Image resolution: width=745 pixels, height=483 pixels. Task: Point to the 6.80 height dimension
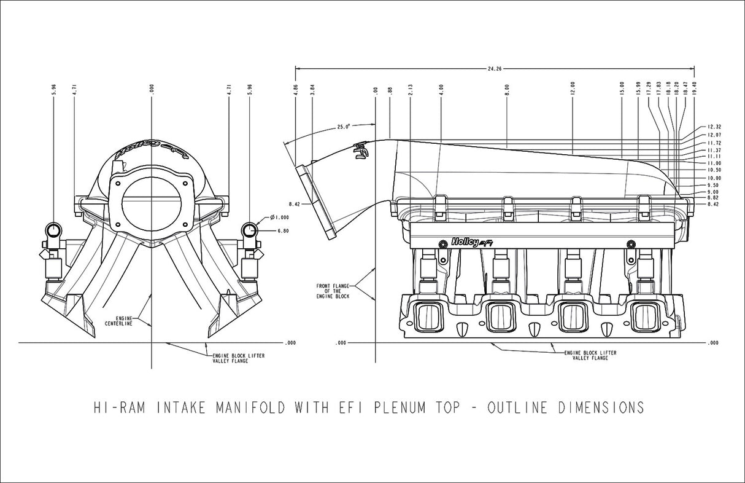283,231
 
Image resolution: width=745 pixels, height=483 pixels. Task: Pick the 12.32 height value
713,126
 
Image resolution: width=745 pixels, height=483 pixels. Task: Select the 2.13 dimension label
410,89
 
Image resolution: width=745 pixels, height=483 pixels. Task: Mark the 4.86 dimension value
295,89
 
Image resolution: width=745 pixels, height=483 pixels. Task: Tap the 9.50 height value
713,185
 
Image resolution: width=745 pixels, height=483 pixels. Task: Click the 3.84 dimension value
312,89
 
